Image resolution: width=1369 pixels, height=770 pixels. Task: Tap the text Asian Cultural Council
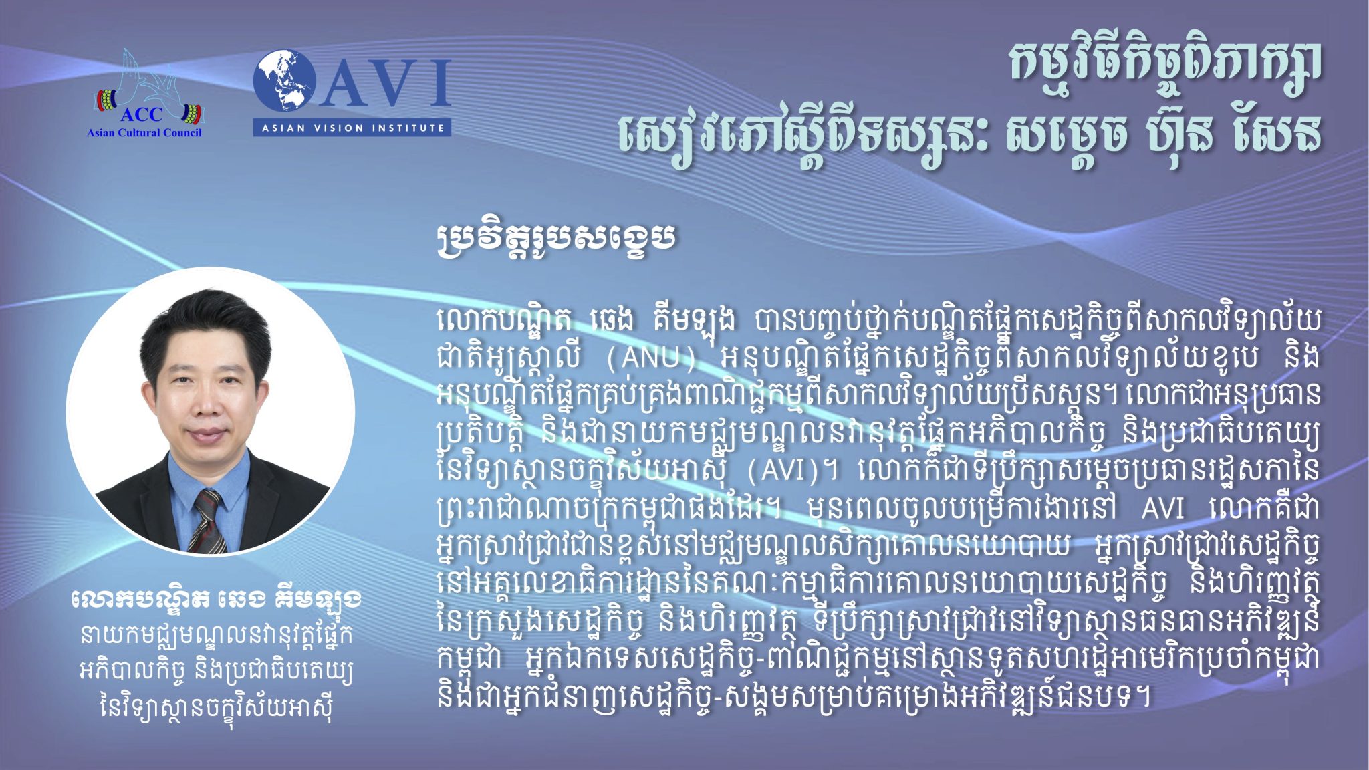pyautogui.click(x=144, y=132)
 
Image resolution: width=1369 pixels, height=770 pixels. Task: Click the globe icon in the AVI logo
pyautogui.click(x=285, y=81)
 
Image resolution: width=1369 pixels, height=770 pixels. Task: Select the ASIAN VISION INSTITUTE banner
pyautogui.click(x=352, y=127)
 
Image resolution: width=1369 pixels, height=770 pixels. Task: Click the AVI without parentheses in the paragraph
pyautogui.click(x=1162, y=509)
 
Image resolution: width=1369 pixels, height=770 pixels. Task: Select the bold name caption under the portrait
pyautogui.click(x=216, y=600)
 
